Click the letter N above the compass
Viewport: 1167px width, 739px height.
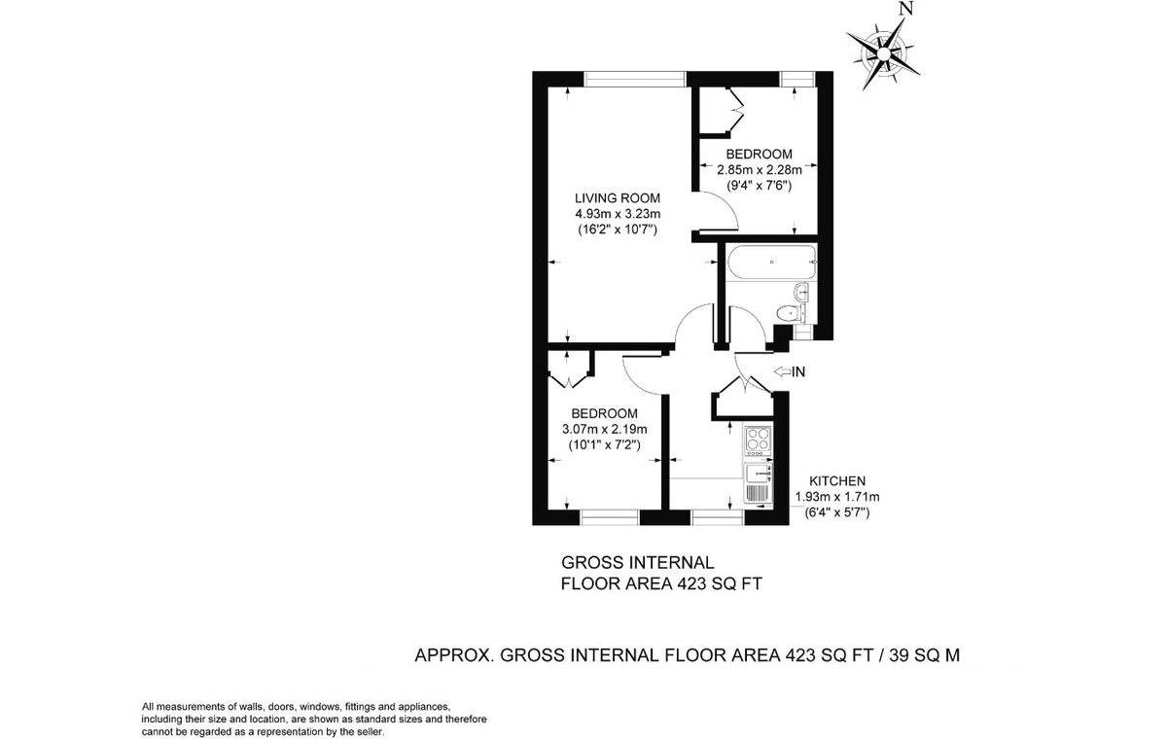coord(907,9)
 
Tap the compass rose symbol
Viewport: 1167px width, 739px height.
coord(883,54)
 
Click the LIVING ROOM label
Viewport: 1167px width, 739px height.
coord(618,198)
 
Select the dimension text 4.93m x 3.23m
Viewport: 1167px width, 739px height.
coord(618,214)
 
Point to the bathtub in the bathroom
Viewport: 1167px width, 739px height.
coord(771,263)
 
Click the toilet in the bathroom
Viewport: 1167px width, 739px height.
coord(790,313)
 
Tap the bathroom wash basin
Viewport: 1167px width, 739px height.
coord(800,292)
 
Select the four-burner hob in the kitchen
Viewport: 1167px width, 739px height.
coord(758,440)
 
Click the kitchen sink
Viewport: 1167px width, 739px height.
coord(758,474)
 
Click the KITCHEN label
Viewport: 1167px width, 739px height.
coord(837,481)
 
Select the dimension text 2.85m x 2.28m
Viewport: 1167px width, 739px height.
coord(760,170)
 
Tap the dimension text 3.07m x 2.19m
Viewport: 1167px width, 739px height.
coord(604,430)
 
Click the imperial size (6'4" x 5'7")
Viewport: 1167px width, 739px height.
coord(837,513)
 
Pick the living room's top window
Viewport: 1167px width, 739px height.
coord(634,79)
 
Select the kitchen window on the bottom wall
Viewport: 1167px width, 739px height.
coord(718,517)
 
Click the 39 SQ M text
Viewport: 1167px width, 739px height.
coord(925,654)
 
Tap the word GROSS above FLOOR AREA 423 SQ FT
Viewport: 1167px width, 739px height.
coord(593,562)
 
